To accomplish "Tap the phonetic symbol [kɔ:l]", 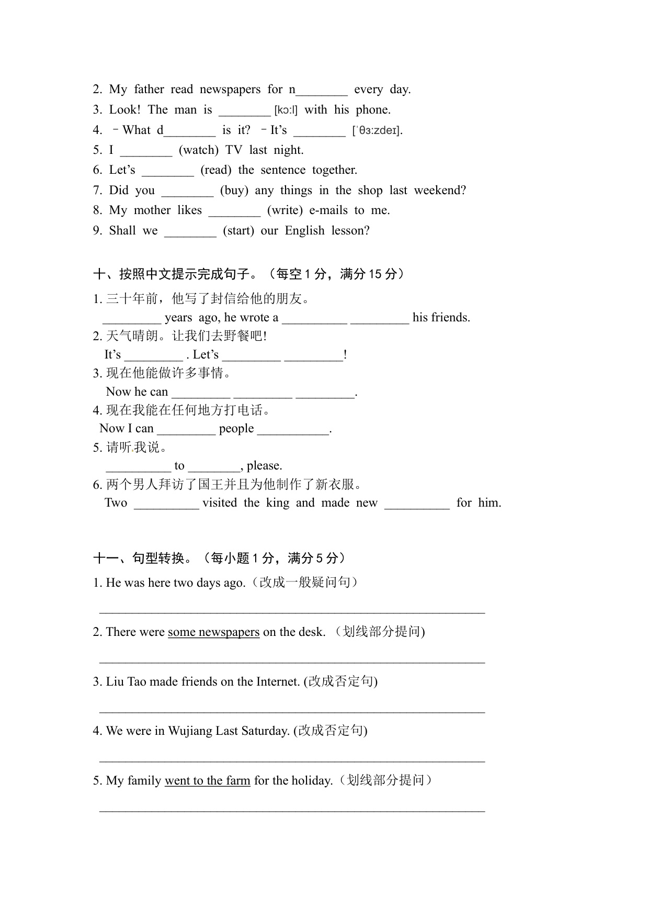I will click(x=286, y=110).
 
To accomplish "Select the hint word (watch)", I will click(x=199, y=150).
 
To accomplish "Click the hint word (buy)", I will click(x=234, y=191).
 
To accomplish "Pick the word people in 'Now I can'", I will click(x=236, y=429).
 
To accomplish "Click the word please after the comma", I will click(x=264, y=466).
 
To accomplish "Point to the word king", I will click(x=278, y=503).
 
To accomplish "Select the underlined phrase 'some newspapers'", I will click(x=213, y=632).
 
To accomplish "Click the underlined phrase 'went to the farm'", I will click(x=207, y=781).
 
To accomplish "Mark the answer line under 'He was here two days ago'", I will click(x=292, y=610).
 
